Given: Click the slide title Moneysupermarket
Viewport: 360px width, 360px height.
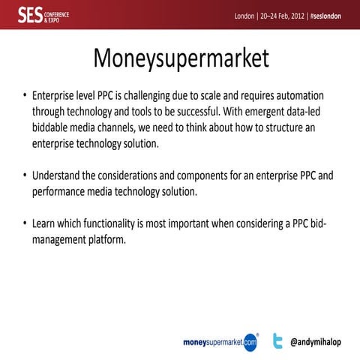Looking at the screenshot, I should (180, 58).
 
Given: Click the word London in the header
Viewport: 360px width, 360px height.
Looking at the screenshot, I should (244, 16).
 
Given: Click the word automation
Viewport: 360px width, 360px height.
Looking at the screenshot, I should (299, 97).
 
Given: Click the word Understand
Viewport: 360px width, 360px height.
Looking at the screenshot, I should (56, 175).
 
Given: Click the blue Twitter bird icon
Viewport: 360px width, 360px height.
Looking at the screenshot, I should (277, 340).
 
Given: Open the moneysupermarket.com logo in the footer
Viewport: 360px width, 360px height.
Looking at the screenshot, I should (220, 341).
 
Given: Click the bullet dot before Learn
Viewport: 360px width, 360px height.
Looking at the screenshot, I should (25, 223).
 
